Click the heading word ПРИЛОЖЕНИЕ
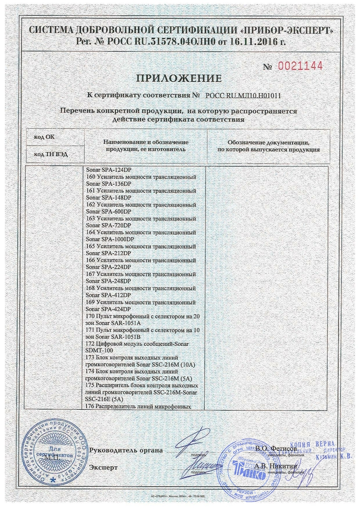[x=179, y=79]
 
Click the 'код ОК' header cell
[x=44, y=137]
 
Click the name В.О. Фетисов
[x=276, y=449]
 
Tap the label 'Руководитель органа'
[x=126, y=450]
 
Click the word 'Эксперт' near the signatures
[x=103, y=467]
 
